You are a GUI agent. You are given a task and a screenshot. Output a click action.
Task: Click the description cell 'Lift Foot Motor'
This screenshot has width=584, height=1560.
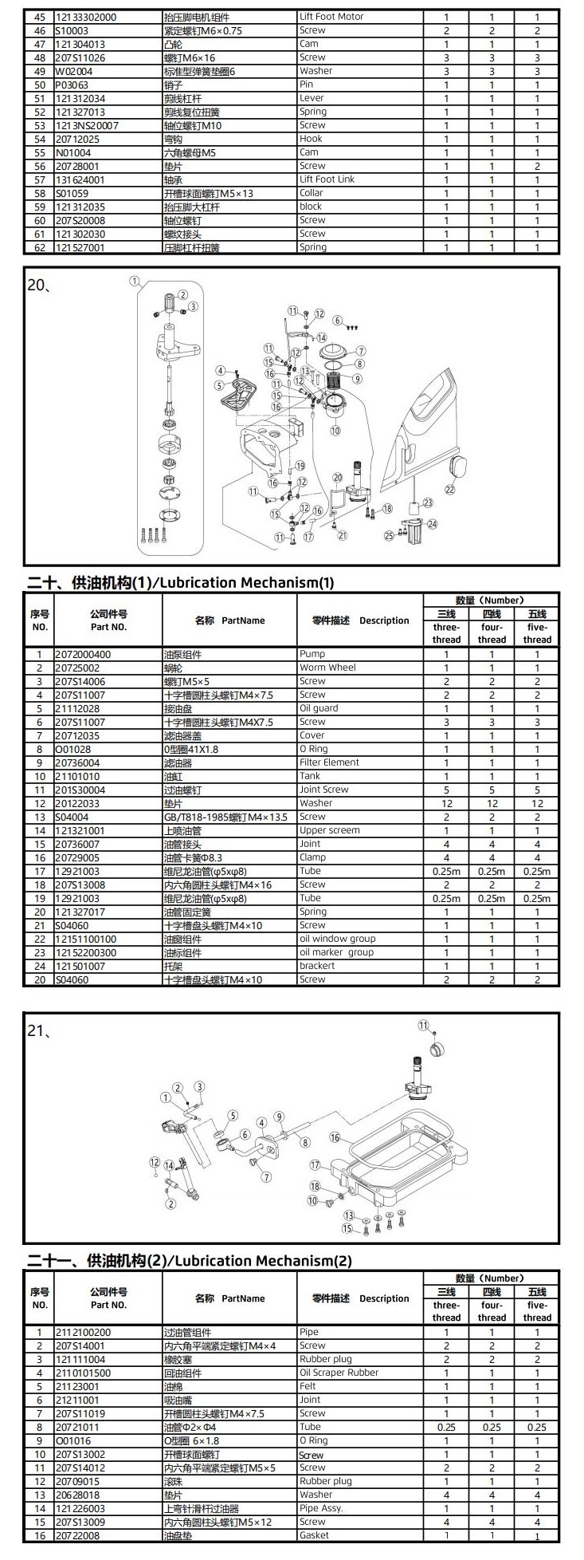click(331, 17)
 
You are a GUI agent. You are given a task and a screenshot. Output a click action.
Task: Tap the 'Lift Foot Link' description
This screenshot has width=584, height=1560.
click(327, 179)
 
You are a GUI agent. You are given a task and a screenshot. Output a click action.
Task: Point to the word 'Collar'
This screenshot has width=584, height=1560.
click(311, 193)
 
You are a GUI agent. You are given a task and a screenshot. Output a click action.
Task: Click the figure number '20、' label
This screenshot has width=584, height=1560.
click(40, 285)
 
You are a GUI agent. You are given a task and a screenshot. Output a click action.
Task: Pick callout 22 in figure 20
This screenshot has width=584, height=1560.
click(450, 489)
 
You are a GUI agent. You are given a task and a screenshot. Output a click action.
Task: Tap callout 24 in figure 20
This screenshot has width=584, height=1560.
click(433, 524)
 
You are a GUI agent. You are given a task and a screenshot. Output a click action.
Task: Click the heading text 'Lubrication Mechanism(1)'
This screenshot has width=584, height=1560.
click(248, 582)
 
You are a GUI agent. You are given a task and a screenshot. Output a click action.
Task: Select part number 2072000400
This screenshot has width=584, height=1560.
click(83, 655)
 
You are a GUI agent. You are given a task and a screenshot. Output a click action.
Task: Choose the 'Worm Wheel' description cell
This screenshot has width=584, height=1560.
click(327, 668)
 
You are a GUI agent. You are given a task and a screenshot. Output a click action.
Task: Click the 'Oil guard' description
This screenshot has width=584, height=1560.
click(319, 708)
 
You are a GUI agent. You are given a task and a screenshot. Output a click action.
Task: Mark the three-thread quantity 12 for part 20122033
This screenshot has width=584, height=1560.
click(446, 803)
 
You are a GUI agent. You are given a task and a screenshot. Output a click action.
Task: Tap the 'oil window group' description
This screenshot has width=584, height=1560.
click(337, 939)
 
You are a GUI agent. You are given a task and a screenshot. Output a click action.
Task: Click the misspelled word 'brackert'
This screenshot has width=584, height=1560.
click(317, 966)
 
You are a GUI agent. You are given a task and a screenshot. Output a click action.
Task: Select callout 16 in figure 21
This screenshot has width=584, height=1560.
click(335, 1138)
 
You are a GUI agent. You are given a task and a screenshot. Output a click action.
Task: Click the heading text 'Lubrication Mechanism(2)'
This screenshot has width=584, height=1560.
click(262, 1261)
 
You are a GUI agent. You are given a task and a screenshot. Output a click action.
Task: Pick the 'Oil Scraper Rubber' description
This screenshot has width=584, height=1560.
click(339, 1373)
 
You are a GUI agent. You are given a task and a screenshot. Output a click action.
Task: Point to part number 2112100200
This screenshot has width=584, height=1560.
click(83, 1332)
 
